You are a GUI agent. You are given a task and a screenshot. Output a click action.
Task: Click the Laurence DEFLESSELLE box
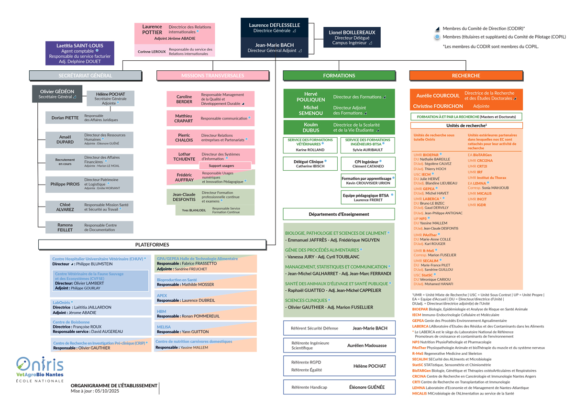click(x=274, y=28)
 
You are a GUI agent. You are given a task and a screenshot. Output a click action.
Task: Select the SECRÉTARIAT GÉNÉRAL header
click(x=86, y=76)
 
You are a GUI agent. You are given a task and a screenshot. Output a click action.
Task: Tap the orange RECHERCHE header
click(x=465, y=76)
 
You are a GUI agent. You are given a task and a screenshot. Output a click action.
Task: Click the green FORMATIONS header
click(x=339, y=76)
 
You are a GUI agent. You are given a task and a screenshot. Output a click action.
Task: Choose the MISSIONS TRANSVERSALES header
click(x=212, y=76)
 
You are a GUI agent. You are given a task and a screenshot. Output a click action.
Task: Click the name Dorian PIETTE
click(x=65, y=118)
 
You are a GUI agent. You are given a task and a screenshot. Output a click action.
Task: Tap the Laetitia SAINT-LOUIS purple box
click(x=80, y=53)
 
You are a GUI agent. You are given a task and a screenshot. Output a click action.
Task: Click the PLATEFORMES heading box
click(x=152, y=244)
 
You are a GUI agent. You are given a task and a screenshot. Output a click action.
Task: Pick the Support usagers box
click(x=221, y=165)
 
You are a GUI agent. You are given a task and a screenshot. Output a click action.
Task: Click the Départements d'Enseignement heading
click(x=339, y=214)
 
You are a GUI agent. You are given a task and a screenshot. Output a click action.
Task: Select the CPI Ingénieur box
click(x=368, y=164)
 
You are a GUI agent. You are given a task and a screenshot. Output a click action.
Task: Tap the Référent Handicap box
click(x=339, y=387)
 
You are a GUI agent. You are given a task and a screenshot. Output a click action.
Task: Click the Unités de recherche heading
click(x=466, y=125)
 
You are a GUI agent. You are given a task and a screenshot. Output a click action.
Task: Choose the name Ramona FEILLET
click(x=65, y=227)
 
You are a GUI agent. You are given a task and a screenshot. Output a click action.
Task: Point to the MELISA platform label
click(x=164, y=327)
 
